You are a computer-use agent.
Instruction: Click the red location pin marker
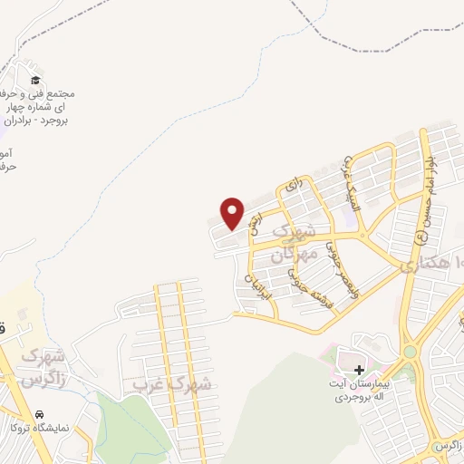[233, 213]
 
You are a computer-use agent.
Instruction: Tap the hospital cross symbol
[360, 370]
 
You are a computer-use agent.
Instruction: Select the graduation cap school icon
[35, 81]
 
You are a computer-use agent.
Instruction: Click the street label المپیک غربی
[346, 181]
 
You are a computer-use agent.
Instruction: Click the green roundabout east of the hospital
[410, 352]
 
